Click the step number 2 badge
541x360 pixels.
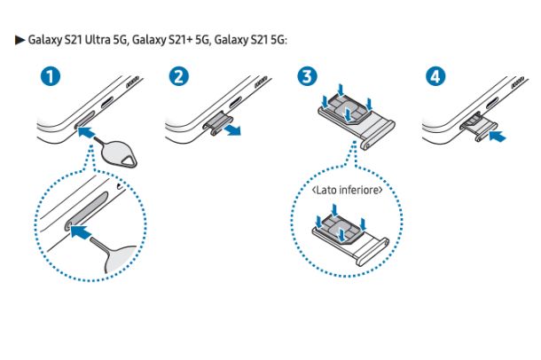point(179,77)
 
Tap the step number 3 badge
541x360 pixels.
point(307,77)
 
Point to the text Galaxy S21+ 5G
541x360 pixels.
point(174,41)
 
